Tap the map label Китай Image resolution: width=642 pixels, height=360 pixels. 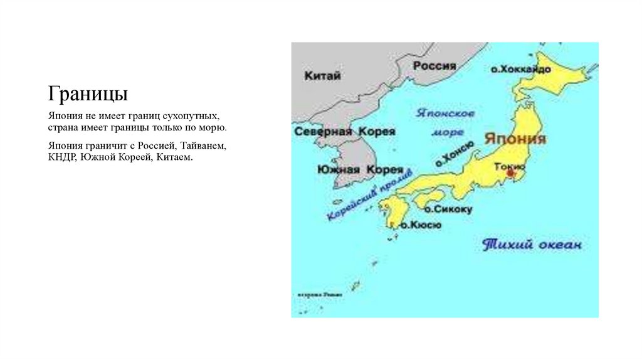coord(322,76)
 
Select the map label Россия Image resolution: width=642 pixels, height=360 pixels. coord(434,66)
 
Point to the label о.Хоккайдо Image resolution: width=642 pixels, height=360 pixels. coord(520,70)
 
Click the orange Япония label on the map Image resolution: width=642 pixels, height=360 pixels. coord(515,139)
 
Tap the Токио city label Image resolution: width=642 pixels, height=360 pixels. coord(509,166)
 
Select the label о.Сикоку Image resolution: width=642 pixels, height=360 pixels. coord(448,209)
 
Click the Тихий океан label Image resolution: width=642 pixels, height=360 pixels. coord(532,245)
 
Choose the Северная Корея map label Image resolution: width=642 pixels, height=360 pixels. coord(344,132)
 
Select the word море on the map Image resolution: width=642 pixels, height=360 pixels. coord(448,132)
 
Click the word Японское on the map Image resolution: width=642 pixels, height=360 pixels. coord(446,114)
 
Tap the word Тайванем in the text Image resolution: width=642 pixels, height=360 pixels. coord(204,146)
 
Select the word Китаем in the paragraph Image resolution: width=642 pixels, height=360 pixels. coord(176,157)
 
